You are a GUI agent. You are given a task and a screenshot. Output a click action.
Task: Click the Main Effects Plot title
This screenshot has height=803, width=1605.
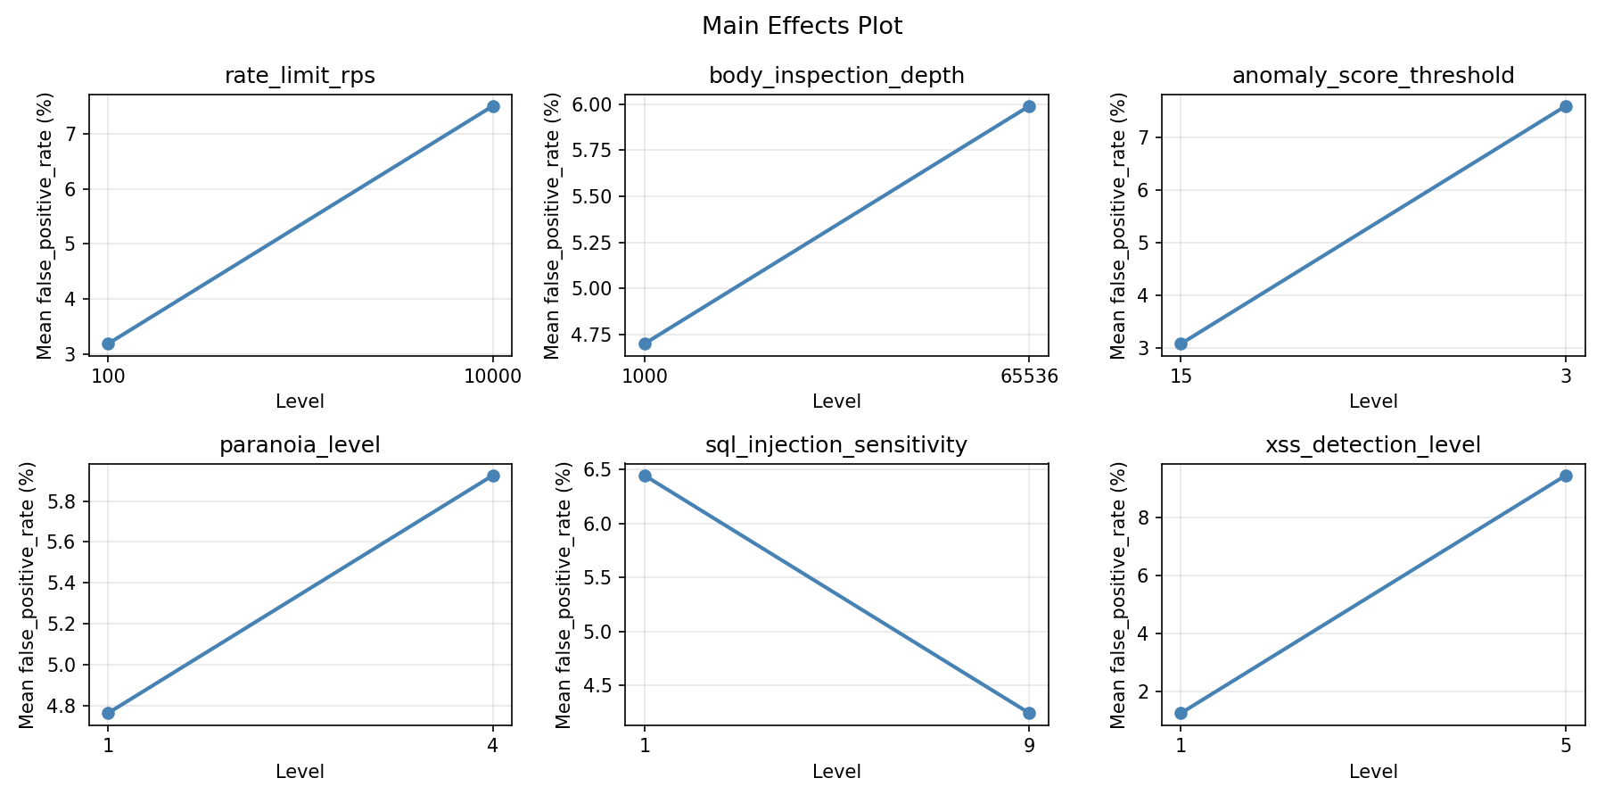tap(802, 26)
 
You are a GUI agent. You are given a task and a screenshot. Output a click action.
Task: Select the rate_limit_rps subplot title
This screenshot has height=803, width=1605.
tap(300, 76)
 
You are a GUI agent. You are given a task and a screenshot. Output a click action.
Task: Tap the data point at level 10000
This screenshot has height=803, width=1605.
tap(493, 106)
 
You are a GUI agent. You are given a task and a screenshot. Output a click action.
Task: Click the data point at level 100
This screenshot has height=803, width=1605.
tap(108, 344)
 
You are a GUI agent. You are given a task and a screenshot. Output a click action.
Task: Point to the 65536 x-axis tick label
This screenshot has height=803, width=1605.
tap(1029, 376)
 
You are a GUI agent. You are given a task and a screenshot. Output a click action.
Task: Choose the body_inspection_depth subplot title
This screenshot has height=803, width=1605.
tap(836, 76)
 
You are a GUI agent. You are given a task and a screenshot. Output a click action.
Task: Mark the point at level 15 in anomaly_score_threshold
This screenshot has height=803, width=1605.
tap(1181, 344)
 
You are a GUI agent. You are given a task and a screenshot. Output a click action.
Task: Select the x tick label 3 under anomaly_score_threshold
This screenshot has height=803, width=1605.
tap(1566, 376)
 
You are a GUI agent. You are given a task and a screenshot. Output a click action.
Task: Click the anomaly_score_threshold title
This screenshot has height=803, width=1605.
tap(1373, 76)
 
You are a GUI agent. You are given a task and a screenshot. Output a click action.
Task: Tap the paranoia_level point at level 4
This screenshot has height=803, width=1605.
tap(493, 476)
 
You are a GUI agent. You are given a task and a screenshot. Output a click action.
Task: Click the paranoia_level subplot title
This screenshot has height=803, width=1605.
tap(300, 445)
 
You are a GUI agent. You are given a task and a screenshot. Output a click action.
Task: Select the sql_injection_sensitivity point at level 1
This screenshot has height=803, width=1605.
tap(645, 476)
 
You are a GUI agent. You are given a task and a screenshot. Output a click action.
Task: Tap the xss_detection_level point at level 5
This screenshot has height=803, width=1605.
tap(1566, 476)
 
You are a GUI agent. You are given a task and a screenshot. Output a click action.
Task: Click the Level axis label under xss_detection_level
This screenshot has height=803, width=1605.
tap(1373, 772)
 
